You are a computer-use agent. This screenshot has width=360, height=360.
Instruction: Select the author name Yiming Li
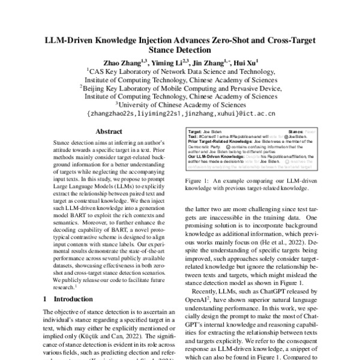coord(169,63)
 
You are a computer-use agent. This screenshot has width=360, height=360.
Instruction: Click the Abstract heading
coord(109,132)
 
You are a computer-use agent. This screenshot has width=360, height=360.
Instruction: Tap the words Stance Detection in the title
coord(180,51)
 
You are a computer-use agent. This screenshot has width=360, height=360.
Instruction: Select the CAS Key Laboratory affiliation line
coord(180,71)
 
